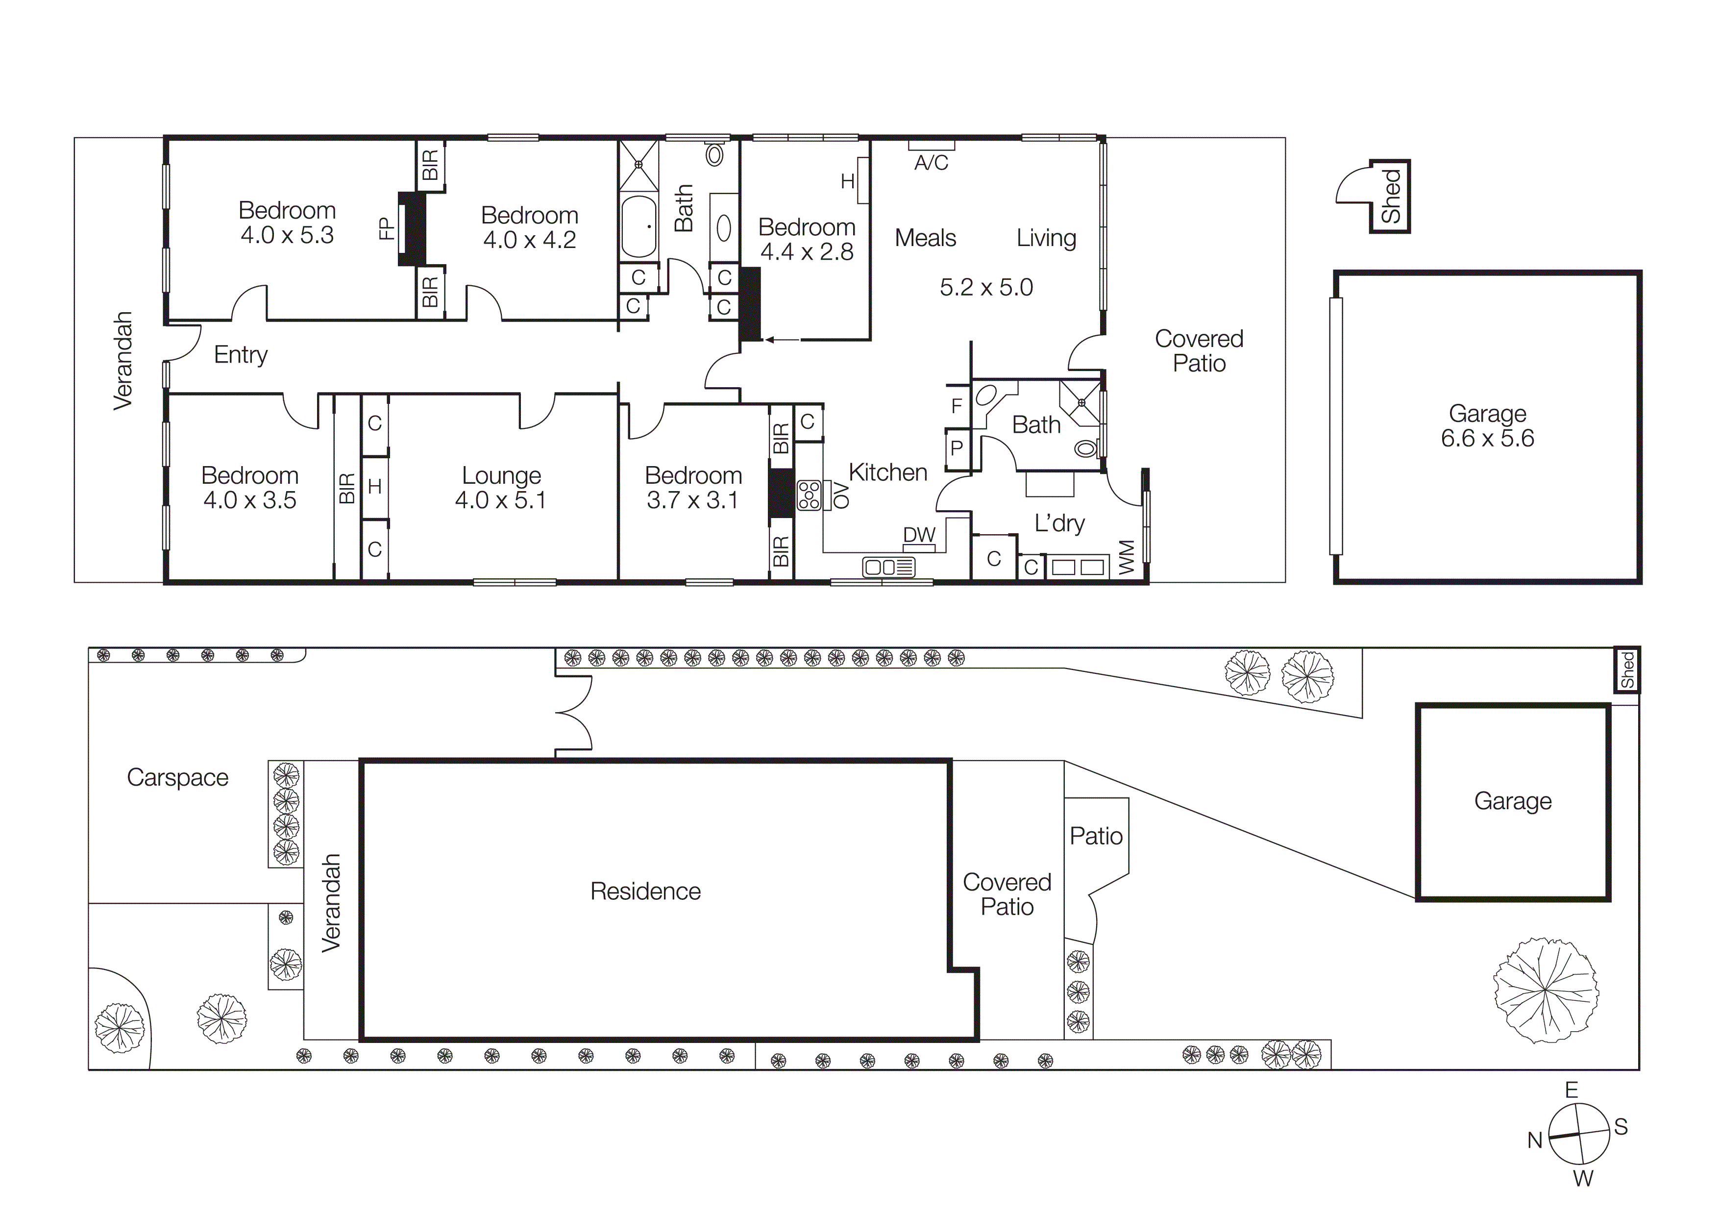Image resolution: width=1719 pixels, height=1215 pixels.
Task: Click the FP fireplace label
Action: click(x=386, y=228)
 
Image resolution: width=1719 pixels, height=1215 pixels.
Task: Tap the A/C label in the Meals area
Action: click(x=931, y=162)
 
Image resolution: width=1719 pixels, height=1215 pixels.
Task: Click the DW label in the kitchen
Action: click(x=919, y=535)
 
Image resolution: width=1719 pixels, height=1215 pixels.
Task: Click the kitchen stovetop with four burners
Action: click(x=809, y=496)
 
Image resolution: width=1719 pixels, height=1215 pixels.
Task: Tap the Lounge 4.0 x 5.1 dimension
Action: click(x=500, y=500)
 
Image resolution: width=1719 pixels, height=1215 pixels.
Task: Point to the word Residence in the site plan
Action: click(x=645, y=891)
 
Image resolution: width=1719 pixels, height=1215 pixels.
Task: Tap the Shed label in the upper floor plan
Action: click(x=1390, y=196)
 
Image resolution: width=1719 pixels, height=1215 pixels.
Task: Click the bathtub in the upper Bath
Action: click(x=638, y=226)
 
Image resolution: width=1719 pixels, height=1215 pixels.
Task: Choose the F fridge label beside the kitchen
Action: click(x=956, y=406)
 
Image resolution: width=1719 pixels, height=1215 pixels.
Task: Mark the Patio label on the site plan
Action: click(x=1095, y=836)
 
